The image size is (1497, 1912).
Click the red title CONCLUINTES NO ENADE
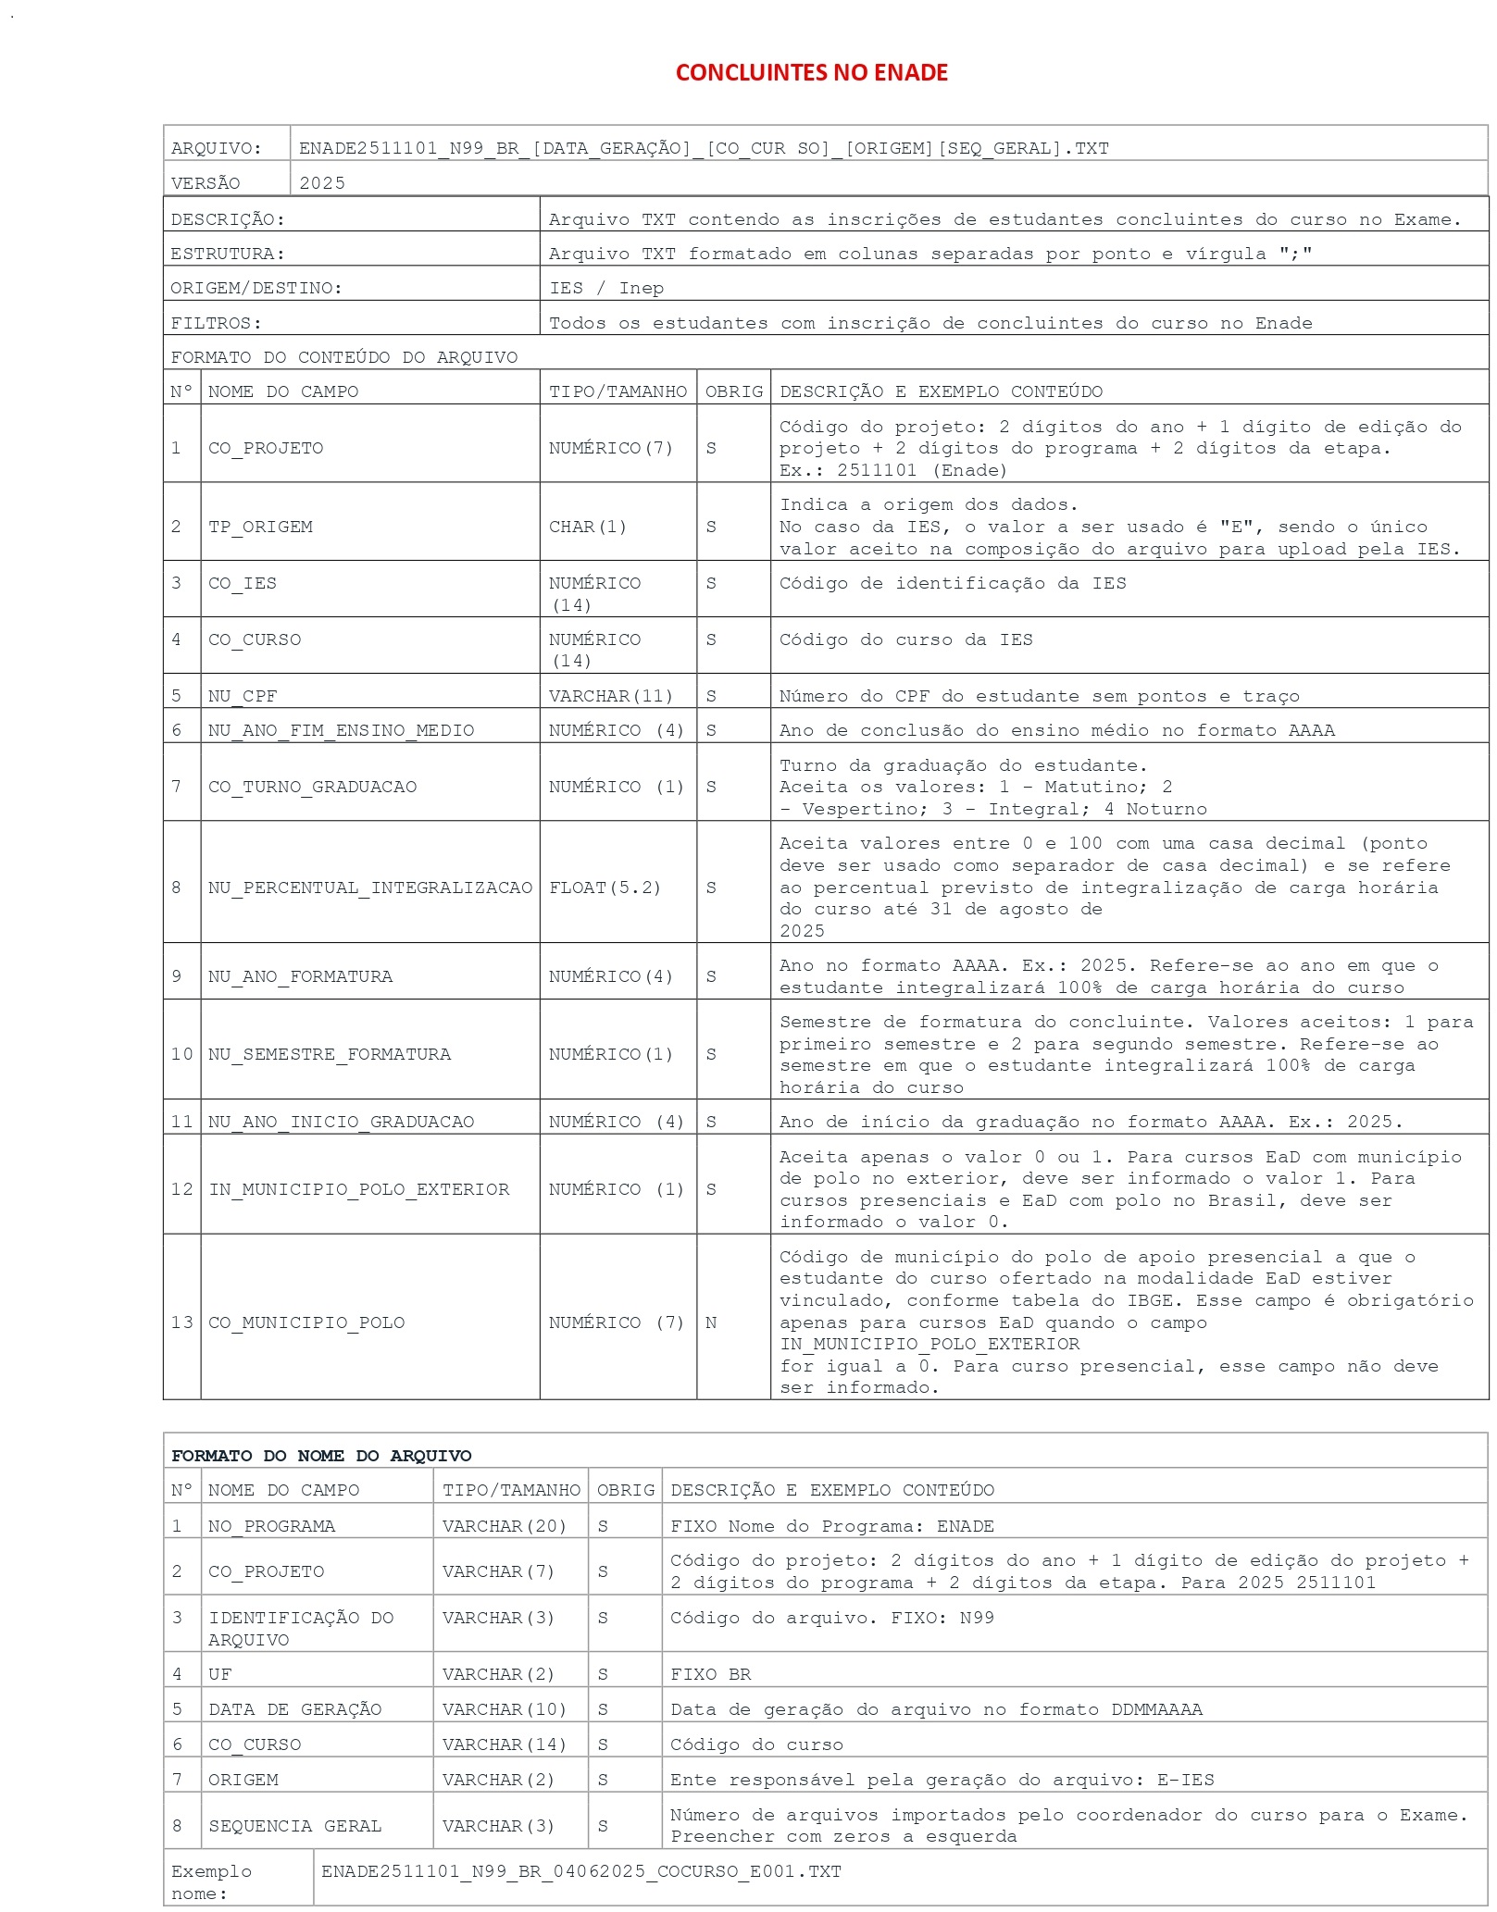[x=811, y=72]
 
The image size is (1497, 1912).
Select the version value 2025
[x=322, y=183]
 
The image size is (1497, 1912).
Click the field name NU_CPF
[x=243, y=696]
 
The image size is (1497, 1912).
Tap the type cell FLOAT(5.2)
[x=605, y=888]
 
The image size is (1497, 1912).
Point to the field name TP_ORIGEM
[x=260, y=527]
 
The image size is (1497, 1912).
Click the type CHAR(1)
[x=588, y=527]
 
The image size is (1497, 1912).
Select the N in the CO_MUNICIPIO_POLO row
[x=711, y=1322]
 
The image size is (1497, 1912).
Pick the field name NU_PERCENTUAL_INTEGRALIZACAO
[x=370, y=888]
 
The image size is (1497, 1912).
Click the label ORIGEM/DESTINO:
[x=256, y=288]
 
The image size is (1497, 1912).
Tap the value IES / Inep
[x=606, y=288]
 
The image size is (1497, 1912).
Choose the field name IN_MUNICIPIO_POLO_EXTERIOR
[x=359, y=1189]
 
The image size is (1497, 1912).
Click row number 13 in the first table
[x=181, y=1322]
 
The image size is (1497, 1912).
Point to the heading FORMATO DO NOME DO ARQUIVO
[x=321, y=1456]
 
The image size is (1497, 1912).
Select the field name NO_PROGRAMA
[x=271, y=1526]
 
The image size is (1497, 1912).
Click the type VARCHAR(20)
[x=505, y=1526]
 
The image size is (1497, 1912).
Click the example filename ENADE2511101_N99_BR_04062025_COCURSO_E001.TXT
[x=581, y=1871]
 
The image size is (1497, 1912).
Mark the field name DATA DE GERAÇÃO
[x=294, y=1709]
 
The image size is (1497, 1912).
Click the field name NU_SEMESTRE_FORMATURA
[x=330, y=1054]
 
